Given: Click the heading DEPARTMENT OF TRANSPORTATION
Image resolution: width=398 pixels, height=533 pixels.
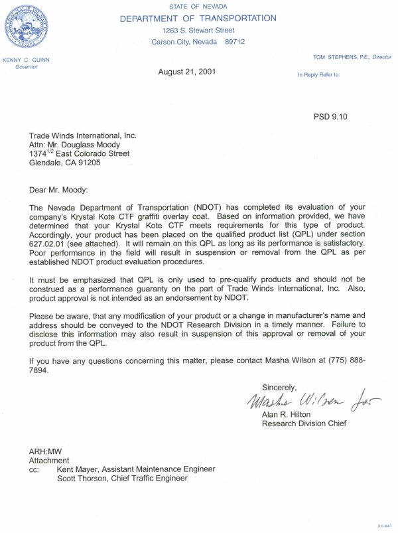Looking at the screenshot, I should [x=198, y=19].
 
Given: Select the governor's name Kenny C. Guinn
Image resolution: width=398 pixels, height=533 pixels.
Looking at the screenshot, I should [x=26, y=60].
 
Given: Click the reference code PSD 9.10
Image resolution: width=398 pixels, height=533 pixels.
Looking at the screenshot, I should [x=330, y=117].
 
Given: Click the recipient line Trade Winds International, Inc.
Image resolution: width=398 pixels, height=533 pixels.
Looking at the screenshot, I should [x=82, y=135].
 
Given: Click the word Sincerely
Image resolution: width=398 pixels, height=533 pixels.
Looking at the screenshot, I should [x=279, y=387].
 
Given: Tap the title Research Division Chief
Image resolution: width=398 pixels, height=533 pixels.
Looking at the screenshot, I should [x=304, y=423].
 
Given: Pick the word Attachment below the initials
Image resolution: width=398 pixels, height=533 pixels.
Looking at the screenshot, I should [x=48, y=460].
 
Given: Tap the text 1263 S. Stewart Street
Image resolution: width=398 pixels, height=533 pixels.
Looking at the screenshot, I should [x=198, y=31].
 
